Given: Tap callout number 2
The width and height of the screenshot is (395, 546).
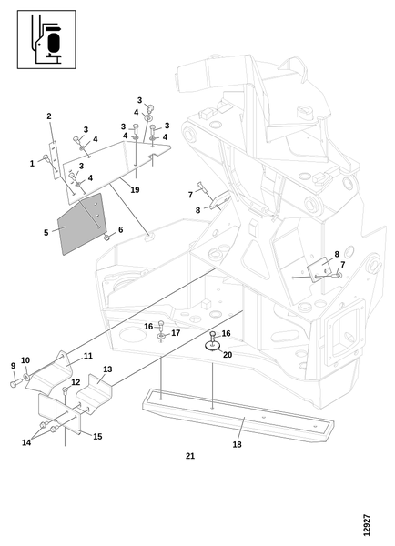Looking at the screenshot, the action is pyautogui.click(x=49, y=116).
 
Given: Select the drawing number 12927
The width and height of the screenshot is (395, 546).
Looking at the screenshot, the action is pyautogui.click(x=366, y=525).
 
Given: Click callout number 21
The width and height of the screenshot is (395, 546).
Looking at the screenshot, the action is pyautogui.click(x=190, y=456).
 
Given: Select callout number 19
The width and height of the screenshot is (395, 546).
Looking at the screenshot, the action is pyautogui.click(x=135, y=190).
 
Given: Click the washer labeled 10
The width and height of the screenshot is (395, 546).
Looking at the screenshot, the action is pyautogui.click(x=26, y=377).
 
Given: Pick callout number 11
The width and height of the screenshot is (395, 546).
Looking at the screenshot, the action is pyautogui.click(x=87, y=356).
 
